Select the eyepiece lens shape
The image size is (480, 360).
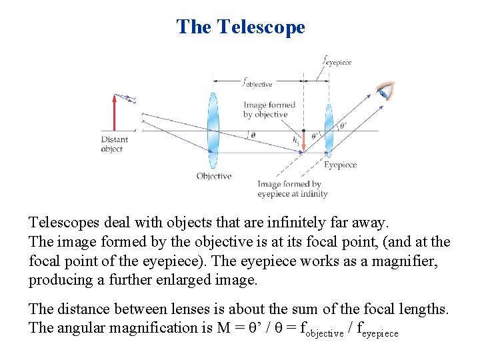[x=329, y=130]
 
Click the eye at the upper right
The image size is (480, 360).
[x=385, y=91]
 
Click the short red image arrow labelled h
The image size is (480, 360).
[x=304, y=139]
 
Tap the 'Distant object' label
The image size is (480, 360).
[x=114, y=144]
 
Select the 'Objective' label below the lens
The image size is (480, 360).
[x=214, y=176]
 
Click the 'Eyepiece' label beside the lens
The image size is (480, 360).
[x=341, y=165]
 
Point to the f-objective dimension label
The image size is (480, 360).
[x=257, y=83]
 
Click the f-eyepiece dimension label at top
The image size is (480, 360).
[x=337, y=61]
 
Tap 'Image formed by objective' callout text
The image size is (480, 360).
[x=269, y=109]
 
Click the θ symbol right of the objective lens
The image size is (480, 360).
[x=252, y=135]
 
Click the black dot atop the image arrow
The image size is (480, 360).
[x=304, y=130]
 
